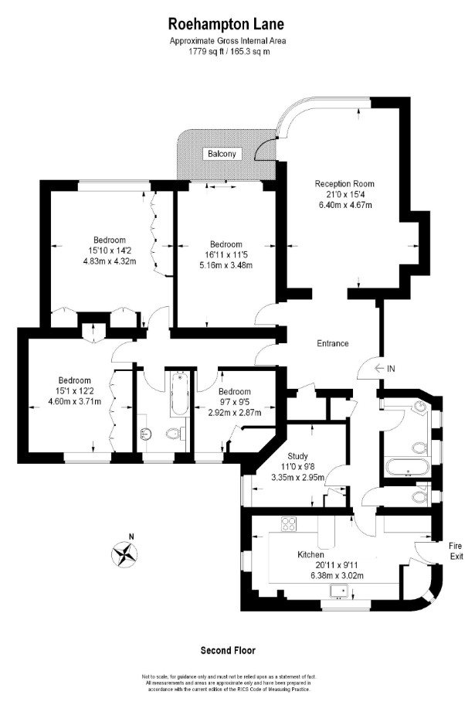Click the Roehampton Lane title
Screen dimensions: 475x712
[226, 24]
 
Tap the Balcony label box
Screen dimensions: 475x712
[222, 154]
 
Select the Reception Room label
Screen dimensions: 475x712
[344, 184]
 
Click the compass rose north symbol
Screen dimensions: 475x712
[124, 554]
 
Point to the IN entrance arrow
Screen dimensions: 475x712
[385, 369]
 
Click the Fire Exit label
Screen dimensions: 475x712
[456, 550]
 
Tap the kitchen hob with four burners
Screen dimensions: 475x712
[288, 524]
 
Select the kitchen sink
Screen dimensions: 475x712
[339, 591]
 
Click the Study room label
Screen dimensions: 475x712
[297, 456]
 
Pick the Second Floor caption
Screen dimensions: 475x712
[228, 651]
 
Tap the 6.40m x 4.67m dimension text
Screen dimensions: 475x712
[345, 205]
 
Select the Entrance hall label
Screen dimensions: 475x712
[333, 344]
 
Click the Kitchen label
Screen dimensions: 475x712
[310, 554]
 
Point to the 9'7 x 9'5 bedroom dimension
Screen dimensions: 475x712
[235, 402]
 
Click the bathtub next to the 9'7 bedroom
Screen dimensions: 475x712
[180, 393]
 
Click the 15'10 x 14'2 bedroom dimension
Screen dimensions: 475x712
[110, 250]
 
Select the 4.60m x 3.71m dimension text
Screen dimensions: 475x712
[74, 401]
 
